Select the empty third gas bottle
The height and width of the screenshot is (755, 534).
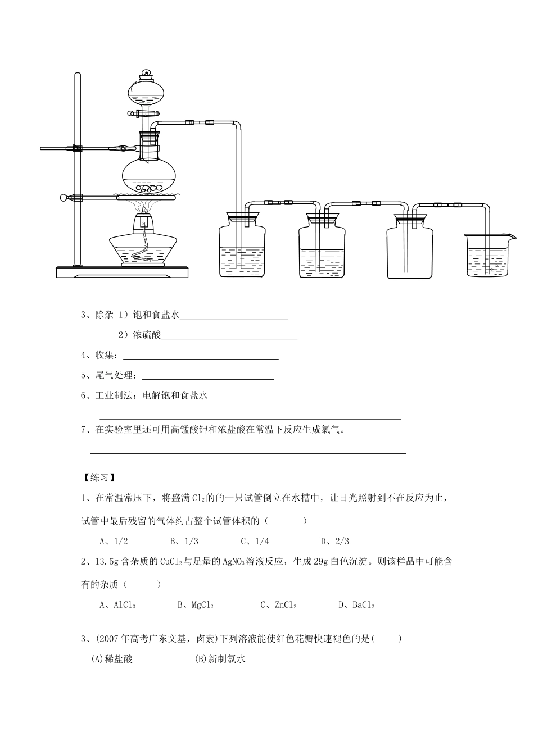pos(410,250)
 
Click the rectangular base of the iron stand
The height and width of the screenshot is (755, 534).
pos(123,272)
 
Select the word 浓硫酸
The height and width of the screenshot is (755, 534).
pos(147,335)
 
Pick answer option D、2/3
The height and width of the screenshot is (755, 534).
pos(335,542)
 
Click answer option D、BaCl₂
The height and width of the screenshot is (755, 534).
pos(356,605)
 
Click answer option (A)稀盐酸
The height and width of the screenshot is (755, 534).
pos(112,660)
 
